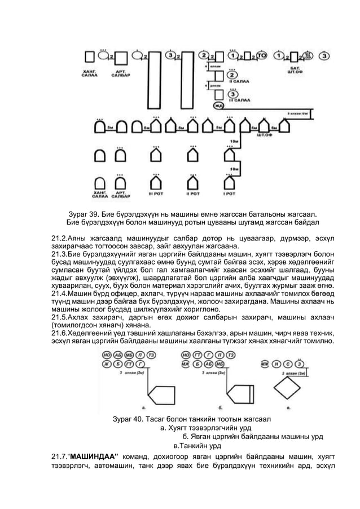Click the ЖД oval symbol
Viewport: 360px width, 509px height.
coord(217,106)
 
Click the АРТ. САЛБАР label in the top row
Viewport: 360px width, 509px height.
coord(120,74)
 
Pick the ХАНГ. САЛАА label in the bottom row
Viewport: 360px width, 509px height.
coord(100,195)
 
